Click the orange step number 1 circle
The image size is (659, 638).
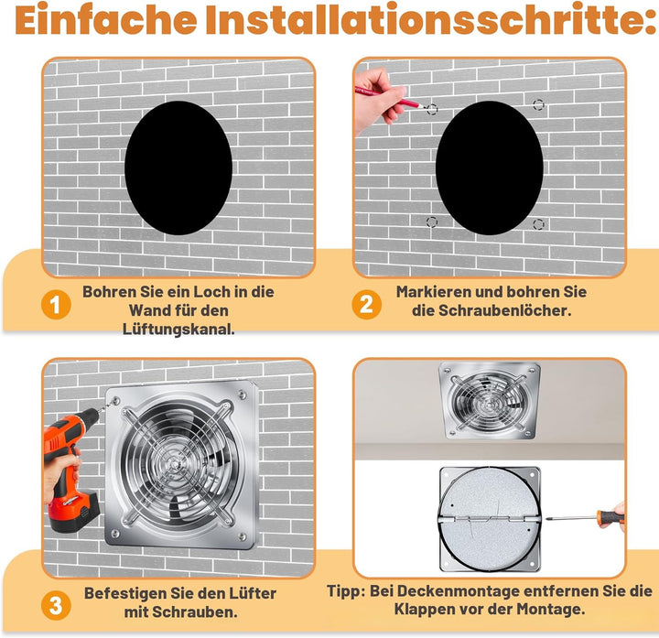point(56,305)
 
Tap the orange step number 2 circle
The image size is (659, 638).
point(366,304)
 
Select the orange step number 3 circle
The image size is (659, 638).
point(56,606)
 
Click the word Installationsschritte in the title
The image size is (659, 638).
point(431,20)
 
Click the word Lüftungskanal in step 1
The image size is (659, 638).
point(178,329)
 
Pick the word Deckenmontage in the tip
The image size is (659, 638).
point(444,591)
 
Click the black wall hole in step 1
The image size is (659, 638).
point(178,168)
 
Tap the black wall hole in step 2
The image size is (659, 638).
point(489,168)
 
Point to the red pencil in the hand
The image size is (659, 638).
point(390,97)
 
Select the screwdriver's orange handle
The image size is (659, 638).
point(610,516)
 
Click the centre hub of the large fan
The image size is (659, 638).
point(173,463)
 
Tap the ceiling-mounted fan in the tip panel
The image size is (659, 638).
point(489,401)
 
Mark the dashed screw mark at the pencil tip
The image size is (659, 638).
point(432,110)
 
